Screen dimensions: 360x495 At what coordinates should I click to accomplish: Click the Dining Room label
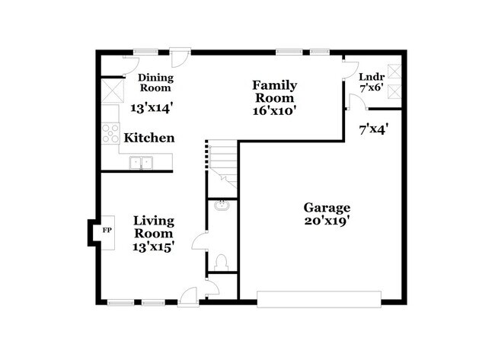pyautogui.click(x=155, y=82)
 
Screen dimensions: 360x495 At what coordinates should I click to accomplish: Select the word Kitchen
pyautogui.click(x=149, y=139)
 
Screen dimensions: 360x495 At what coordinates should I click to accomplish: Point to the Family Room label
pyautogui.click(x=274, y=91)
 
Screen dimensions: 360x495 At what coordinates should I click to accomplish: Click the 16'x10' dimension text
pyautogui.click(x=274, y=110)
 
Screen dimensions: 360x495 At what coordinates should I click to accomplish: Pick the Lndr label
pyautogui.click(x=371, y=77)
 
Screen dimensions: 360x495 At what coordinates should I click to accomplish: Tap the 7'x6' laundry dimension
pyautogui.click(x=371, y=88)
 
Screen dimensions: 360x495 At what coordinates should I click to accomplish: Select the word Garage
pyautogui.click(x=327, y=207)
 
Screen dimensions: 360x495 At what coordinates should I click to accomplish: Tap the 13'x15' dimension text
pyautogui.click(x=154, y=247)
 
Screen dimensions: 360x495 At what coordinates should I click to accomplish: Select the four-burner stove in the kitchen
pyautogui.click(x=110, y=133)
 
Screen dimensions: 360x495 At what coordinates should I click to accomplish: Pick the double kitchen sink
pyautogui.click(x=140, y=162)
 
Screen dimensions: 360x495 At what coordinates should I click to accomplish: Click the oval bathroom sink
pyautogui.click(x=222, y=205)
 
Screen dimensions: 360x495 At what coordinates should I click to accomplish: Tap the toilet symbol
pyautogui.click(x=222, y=262)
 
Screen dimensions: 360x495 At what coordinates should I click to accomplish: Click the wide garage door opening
pyautogui.click(x=318, y=298)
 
